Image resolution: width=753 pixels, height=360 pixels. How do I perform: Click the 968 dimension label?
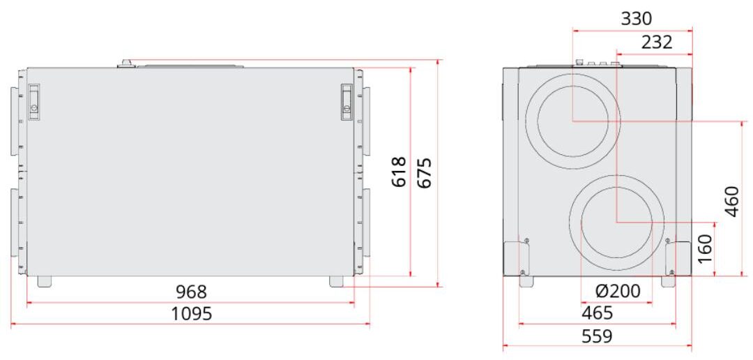[191, 292]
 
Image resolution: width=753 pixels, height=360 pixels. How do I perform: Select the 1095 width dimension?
[191, 314]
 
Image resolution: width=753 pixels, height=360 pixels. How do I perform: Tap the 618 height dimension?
[399, 172]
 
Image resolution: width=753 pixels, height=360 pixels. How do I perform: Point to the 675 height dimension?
[424, 172]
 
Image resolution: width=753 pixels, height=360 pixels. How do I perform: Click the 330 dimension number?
[637, 20]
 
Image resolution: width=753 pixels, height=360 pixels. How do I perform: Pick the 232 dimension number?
[657, 43]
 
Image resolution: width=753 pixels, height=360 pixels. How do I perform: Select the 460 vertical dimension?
[731, 202]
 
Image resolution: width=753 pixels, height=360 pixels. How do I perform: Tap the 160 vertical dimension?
[705, 248]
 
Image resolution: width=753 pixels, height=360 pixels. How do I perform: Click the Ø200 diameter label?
[617, 291]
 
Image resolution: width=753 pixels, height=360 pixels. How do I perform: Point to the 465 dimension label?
[598, 313]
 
